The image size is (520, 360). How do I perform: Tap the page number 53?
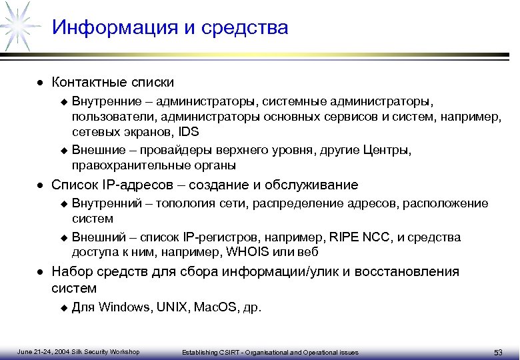click(x=497, y=352)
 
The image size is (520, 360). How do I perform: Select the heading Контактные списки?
click(x=113, y=83)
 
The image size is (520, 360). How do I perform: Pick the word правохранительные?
click(x=124, y=165)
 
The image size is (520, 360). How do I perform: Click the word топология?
click(x=186, y=203)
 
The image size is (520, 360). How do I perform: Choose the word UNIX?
click(x=172, y=308)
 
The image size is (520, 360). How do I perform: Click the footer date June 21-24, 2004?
click(x=42, y=352)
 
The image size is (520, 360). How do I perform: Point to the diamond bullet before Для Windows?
click(x=64, y=309)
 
